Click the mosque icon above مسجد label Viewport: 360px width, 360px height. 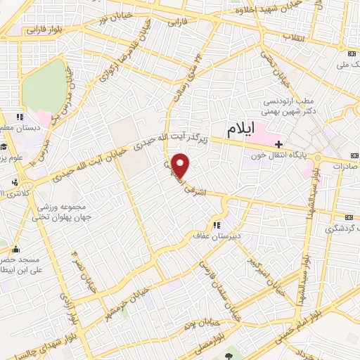tap(16, 248)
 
